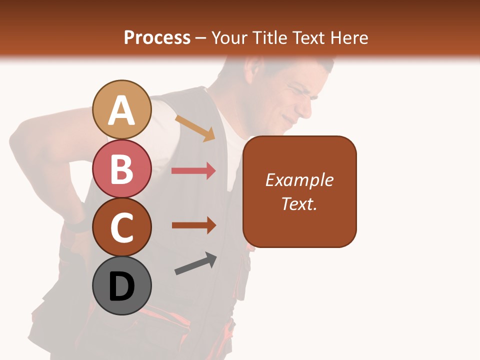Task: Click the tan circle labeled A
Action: pos(121,110)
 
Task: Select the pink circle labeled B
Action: pos(121,168)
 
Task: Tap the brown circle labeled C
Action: pos(121,227)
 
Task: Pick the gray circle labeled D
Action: pos(121,285)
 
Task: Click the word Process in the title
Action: pos(157,37)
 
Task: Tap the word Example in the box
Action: pos(299,180)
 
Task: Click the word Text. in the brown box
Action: pos(299,203)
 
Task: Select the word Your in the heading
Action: pos(230,37)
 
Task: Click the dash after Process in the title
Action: pos(201,37)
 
